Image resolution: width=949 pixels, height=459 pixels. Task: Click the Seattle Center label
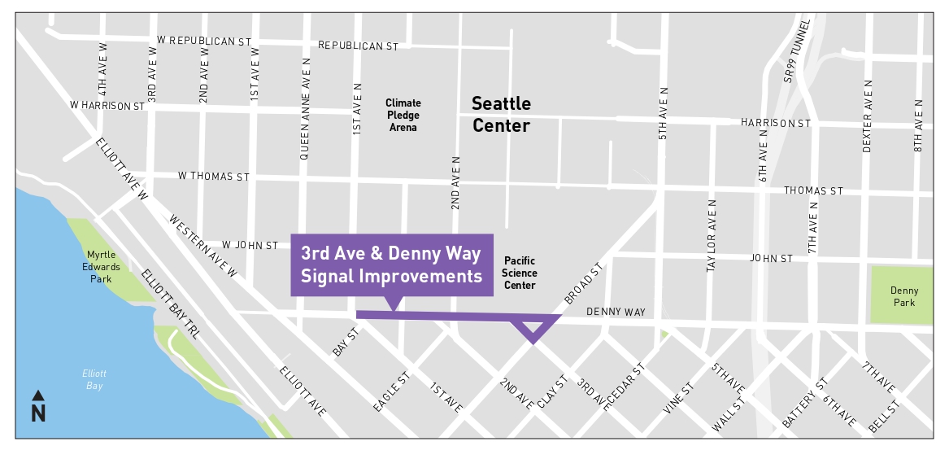point(501,115)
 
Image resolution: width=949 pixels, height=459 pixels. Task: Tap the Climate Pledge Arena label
point(403,115)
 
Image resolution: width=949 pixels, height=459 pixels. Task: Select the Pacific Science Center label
point(520,273)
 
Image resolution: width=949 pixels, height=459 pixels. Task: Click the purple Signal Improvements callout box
point(391,264)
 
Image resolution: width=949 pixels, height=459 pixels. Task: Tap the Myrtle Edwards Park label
point(102,267)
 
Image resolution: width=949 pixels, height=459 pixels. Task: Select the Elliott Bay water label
point(94,379)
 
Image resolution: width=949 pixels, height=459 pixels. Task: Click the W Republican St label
point(204,40)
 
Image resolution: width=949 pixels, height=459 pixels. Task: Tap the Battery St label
point(804,404)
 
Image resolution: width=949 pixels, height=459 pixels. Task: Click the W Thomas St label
point(213,176)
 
